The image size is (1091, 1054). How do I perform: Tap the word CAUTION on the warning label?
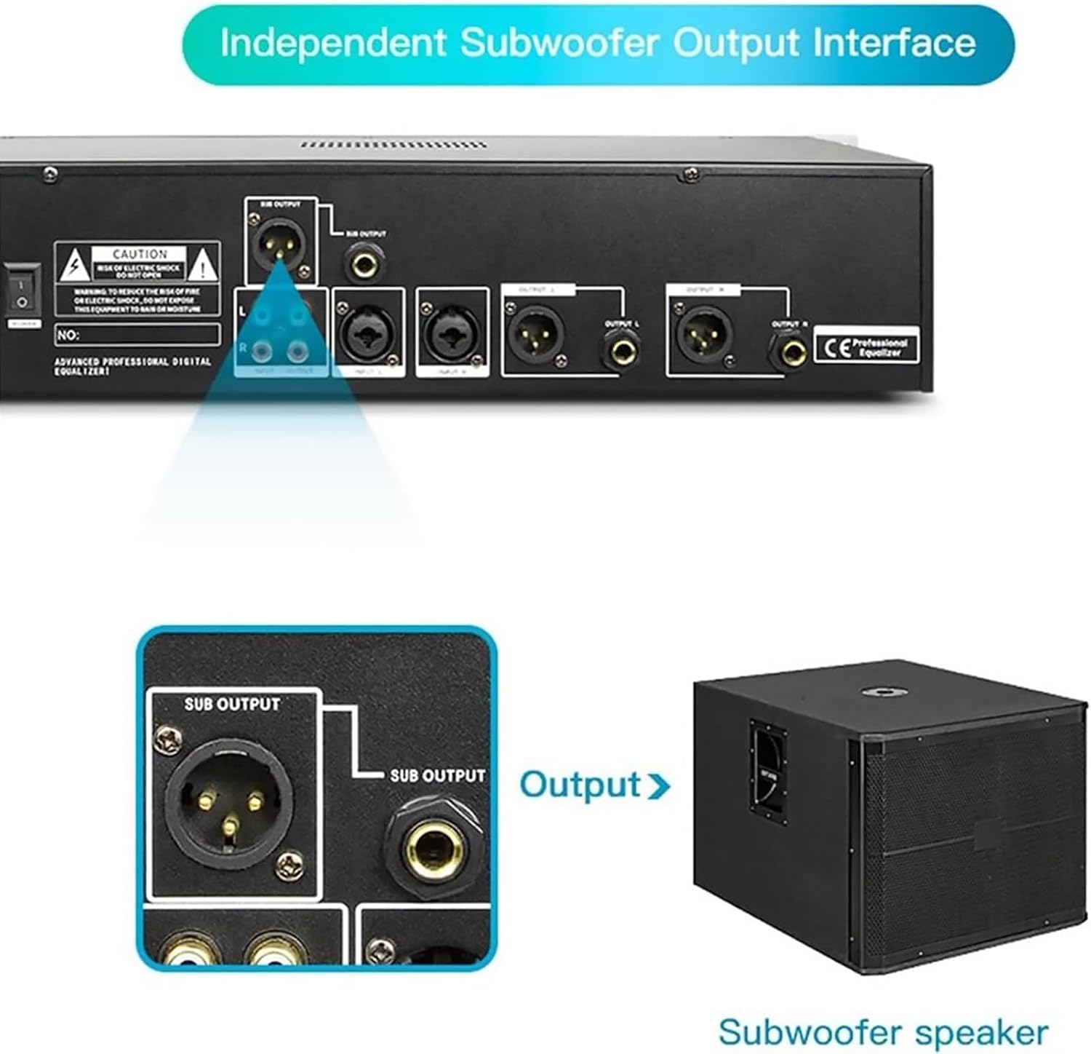[x=140, y=254]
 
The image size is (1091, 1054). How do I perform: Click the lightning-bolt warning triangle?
[x=74, y=266]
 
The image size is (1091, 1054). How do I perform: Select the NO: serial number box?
[x=137, y=335]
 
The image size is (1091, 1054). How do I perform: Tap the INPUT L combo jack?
[x=368, y=333]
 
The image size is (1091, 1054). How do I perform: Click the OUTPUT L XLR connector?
[x=535, y=333]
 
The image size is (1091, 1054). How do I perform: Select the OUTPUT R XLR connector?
[x=703, y=334]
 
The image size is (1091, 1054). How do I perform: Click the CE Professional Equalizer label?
[x=866, y=346]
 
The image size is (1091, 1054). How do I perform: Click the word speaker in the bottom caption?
[x=981, y=1031]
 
